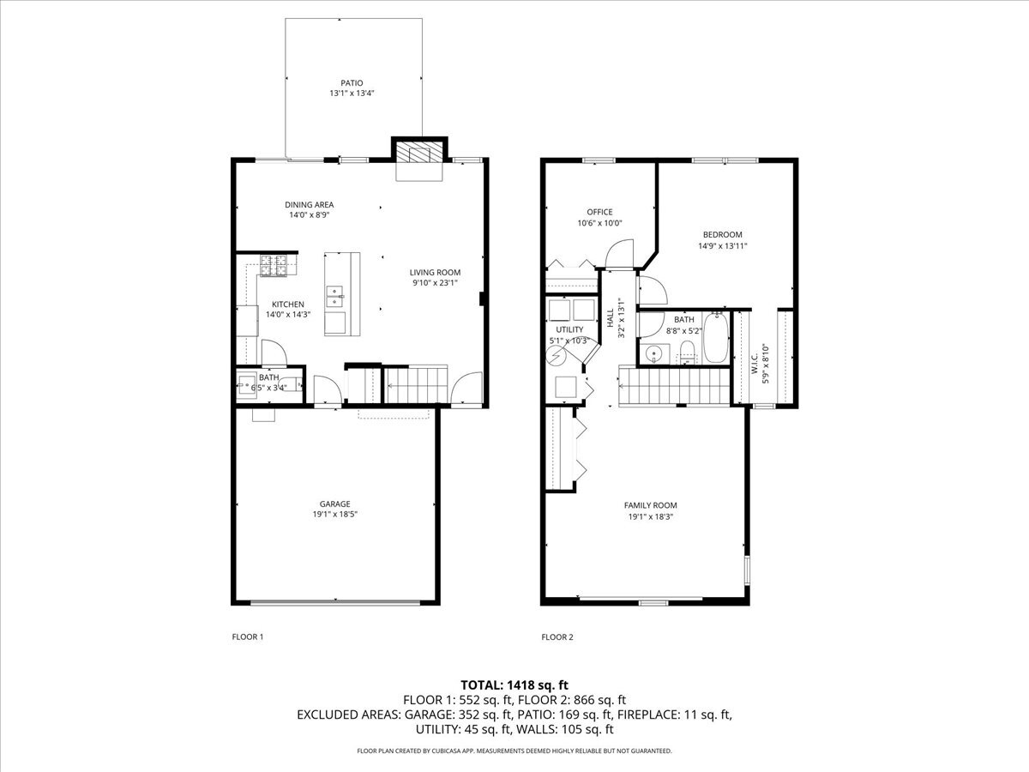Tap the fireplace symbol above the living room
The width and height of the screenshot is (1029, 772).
click(x=419, y=154)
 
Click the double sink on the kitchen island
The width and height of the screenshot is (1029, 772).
click(x=335, y=297)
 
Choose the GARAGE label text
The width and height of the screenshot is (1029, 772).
click(x=334, y=504)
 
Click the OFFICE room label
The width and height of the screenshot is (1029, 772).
click(x=599, y=212)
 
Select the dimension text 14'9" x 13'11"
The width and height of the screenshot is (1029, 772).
click(x=722, y=246)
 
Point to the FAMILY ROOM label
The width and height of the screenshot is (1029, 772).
click(x=651, y=505)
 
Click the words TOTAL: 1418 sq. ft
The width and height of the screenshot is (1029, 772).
click(x=514, y=685)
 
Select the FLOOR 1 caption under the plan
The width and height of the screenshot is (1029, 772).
click(x=248, y=637)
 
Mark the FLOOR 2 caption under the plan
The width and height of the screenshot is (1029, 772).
click(x=557, y=637)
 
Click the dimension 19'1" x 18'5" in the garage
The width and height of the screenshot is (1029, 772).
click(x=334, y=515)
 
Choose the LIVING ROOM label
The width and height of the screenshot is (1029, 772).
click(x=435, y=272)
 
